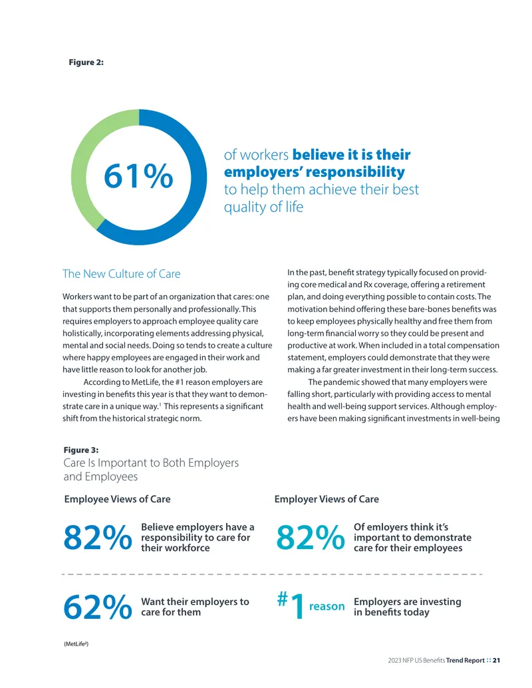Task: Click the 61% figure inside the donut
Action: [138, 176]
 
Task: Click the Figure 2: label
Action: [86, 62]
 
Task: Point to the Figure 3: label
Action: [81, 450]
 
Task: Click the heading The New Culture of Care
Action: [121, 274]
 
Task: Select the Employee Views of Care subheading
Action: [117, 499]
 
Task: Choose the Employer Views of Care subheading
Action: [327, 499]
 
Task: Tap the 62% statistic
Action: [98, 608]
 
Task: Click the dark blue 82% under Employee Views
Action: [98, 538]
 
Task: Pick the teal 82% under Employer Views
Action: [311, 538]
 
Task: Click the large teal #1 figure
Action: [291, 605]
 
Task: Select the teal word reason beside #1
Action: [327, 606]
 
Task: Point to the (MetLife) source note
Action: [76, 643]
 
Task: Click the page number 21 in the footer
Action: [497, 660]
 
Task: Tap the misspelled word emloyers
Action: [385, 527]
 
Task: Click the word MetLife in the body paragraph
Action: [145, 382]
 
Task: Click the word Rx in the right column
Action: [368, 285]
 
